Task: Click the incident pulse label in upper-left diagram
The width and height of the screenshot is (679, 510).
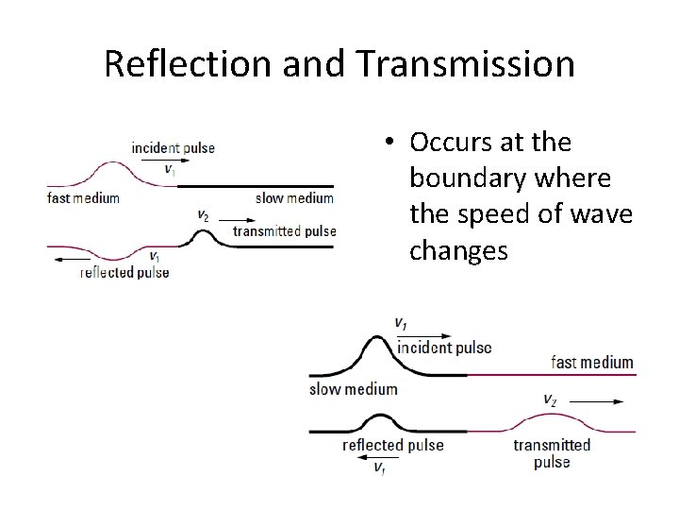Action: [x=173, y=147]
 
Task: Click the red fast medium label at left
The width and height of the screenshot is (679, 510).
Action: [x=83, y=198]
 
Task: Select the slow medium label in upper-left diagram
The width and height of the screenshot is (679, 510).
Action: [x=294, y=198]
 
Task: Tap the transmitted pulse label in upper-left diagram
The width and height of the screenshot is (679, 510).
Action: [x=284, y=231]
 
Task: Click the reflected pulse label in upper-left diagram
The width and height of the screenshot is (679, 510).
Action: [x=124, y=272]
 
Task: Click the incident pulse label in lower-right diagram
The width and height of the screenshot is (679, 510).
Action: [x=444, y=348]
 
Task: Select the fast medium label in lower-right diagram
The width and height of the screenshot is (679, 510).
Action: [x=591, y=363]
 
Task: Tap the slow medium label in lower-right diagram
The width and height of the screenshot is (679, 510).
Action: [x=353, y=389]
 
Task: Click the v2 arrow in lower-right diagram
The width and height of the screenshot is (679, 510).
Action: [x=584, y=401]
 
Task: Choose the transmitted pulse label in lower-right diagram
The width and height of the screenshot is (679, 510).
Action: [x=552, y=453]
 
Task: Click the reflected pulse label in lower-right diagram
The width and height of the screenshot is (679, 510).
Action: [x=392, y=445]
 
